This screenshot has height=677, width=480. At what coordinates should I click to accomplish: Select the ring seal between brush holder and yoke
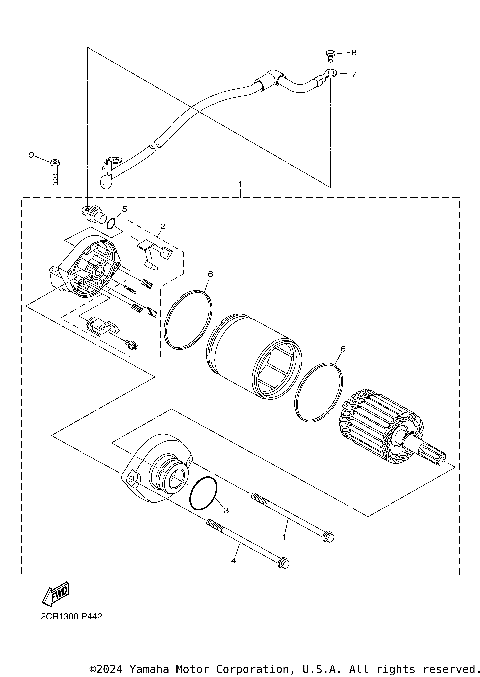pos(188,318)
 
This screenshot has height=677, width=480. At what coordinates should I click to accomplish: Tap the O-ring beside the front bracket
pos(203,494)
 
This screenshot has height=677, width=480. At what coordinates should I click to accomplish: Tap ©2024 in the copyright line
pos(108,668)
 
